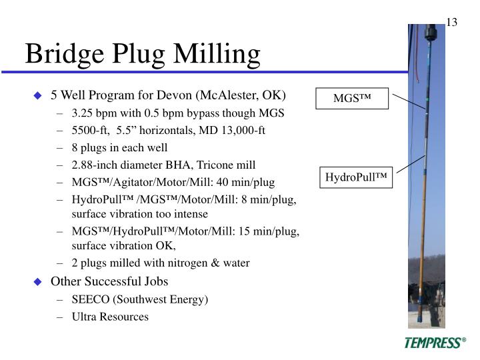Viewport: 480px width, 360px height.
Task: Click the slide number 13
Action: click(451, 23)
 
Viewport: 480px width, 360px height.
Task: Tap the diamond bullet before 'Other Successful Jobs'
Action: click(38, 282)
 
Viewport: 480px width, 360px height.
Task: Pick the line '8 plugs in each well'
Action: click(120, 147)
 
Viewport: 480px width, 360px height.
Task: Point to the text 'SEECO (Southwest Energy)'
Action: click(140, 299)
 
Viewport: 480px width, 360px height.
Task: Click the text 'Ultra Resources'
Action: click(111, 317)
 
